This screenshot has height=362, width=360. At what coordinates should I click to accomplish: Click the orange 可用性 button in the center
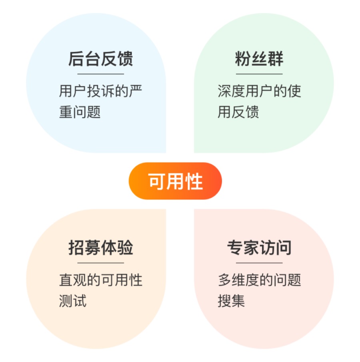(x=175, y=181)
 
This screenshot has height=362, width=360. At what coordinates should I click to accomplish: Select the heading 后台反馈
(x=100, y=59)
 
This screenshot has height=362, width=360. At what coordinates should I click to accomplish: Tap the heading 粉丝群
(x=259, y=59)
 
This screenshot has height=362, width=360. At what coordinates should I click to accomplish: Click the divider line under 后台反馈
(x=100, y=74)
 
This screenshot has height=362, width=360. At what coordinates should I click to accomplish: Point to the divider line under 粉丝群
(x=259, y=74)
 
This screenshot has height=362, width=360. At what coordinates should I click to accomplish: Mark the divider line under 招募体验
(x=100, y=263)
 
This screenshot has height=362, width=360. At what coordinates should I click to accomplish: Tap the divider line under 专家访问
(x=259, y=263)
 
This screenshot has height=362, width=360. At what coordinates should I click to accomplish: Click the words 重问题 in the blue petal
(x=80, y=112)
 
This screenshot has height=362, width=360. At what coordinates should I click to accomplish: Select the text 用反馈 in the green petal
(x=238, y=112)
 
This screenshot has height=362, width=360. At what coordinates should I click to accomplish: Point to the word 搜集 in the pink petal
(x=231, y=301)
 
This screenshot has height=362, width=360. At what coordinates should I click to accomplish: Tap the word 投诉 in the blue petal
(x=100, y=91)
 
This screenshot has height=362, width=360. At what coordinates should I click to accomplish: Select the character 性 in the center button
(x=194, y=181)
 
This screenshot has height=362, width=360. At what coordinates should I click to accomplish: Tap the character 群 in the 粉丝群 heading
(x=275, y=59)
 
